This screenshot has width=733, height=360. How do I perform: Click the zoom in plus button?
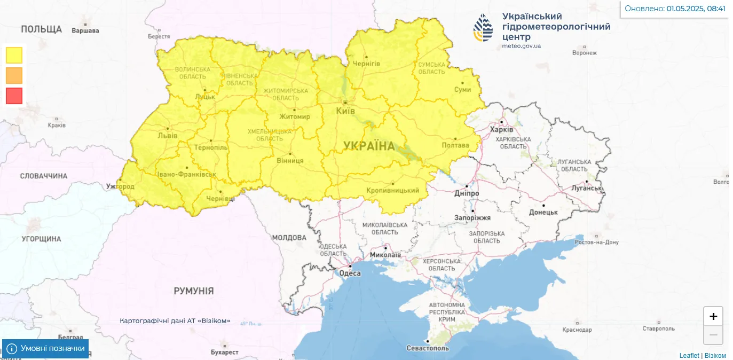(713, 316)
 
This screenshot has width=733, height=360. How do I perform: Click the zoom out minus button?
(713, 335)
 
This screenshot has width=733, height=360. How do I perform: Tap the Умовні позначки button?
(46, 349)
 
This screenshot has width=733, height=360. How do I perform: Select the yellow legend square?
(14, 55)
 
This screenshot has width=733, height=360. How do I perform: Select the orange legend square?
(14, 75)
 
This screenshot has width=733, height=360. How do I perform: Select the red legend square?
(14, 96)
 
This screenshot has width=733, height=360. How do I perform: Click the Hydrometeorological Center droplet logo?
(484, 28)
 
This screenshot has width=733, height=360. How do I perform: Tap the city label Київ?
(345, 111)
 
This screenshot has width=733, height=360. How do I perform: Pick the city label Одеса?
(350, 273)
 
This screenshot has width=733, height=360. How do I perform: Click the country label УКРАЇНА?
(369, 146)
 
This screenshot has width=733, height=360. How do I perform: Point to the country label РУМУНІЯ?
(194, 291)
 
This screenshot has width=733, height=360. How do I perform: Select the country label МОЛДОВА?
(289, 237)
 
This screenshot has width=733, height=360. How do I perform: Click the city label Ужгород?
(120, 186)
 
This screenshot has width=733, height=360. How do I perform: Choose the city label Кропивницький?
(393, 190)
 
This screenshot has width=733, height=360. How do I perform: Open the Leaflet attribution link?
(689, 355)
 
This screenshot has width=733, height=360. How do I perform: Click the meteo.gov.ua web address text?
(521, 46)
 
